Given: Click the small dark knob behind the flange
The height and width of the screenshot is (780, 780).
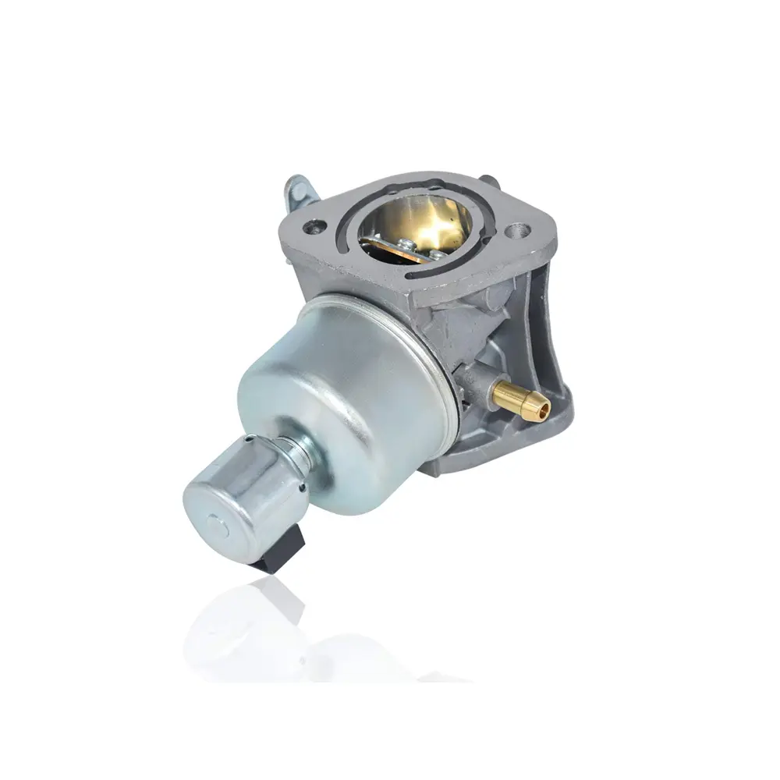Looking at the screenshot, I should pyautogui.click(x=485, y=180).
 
